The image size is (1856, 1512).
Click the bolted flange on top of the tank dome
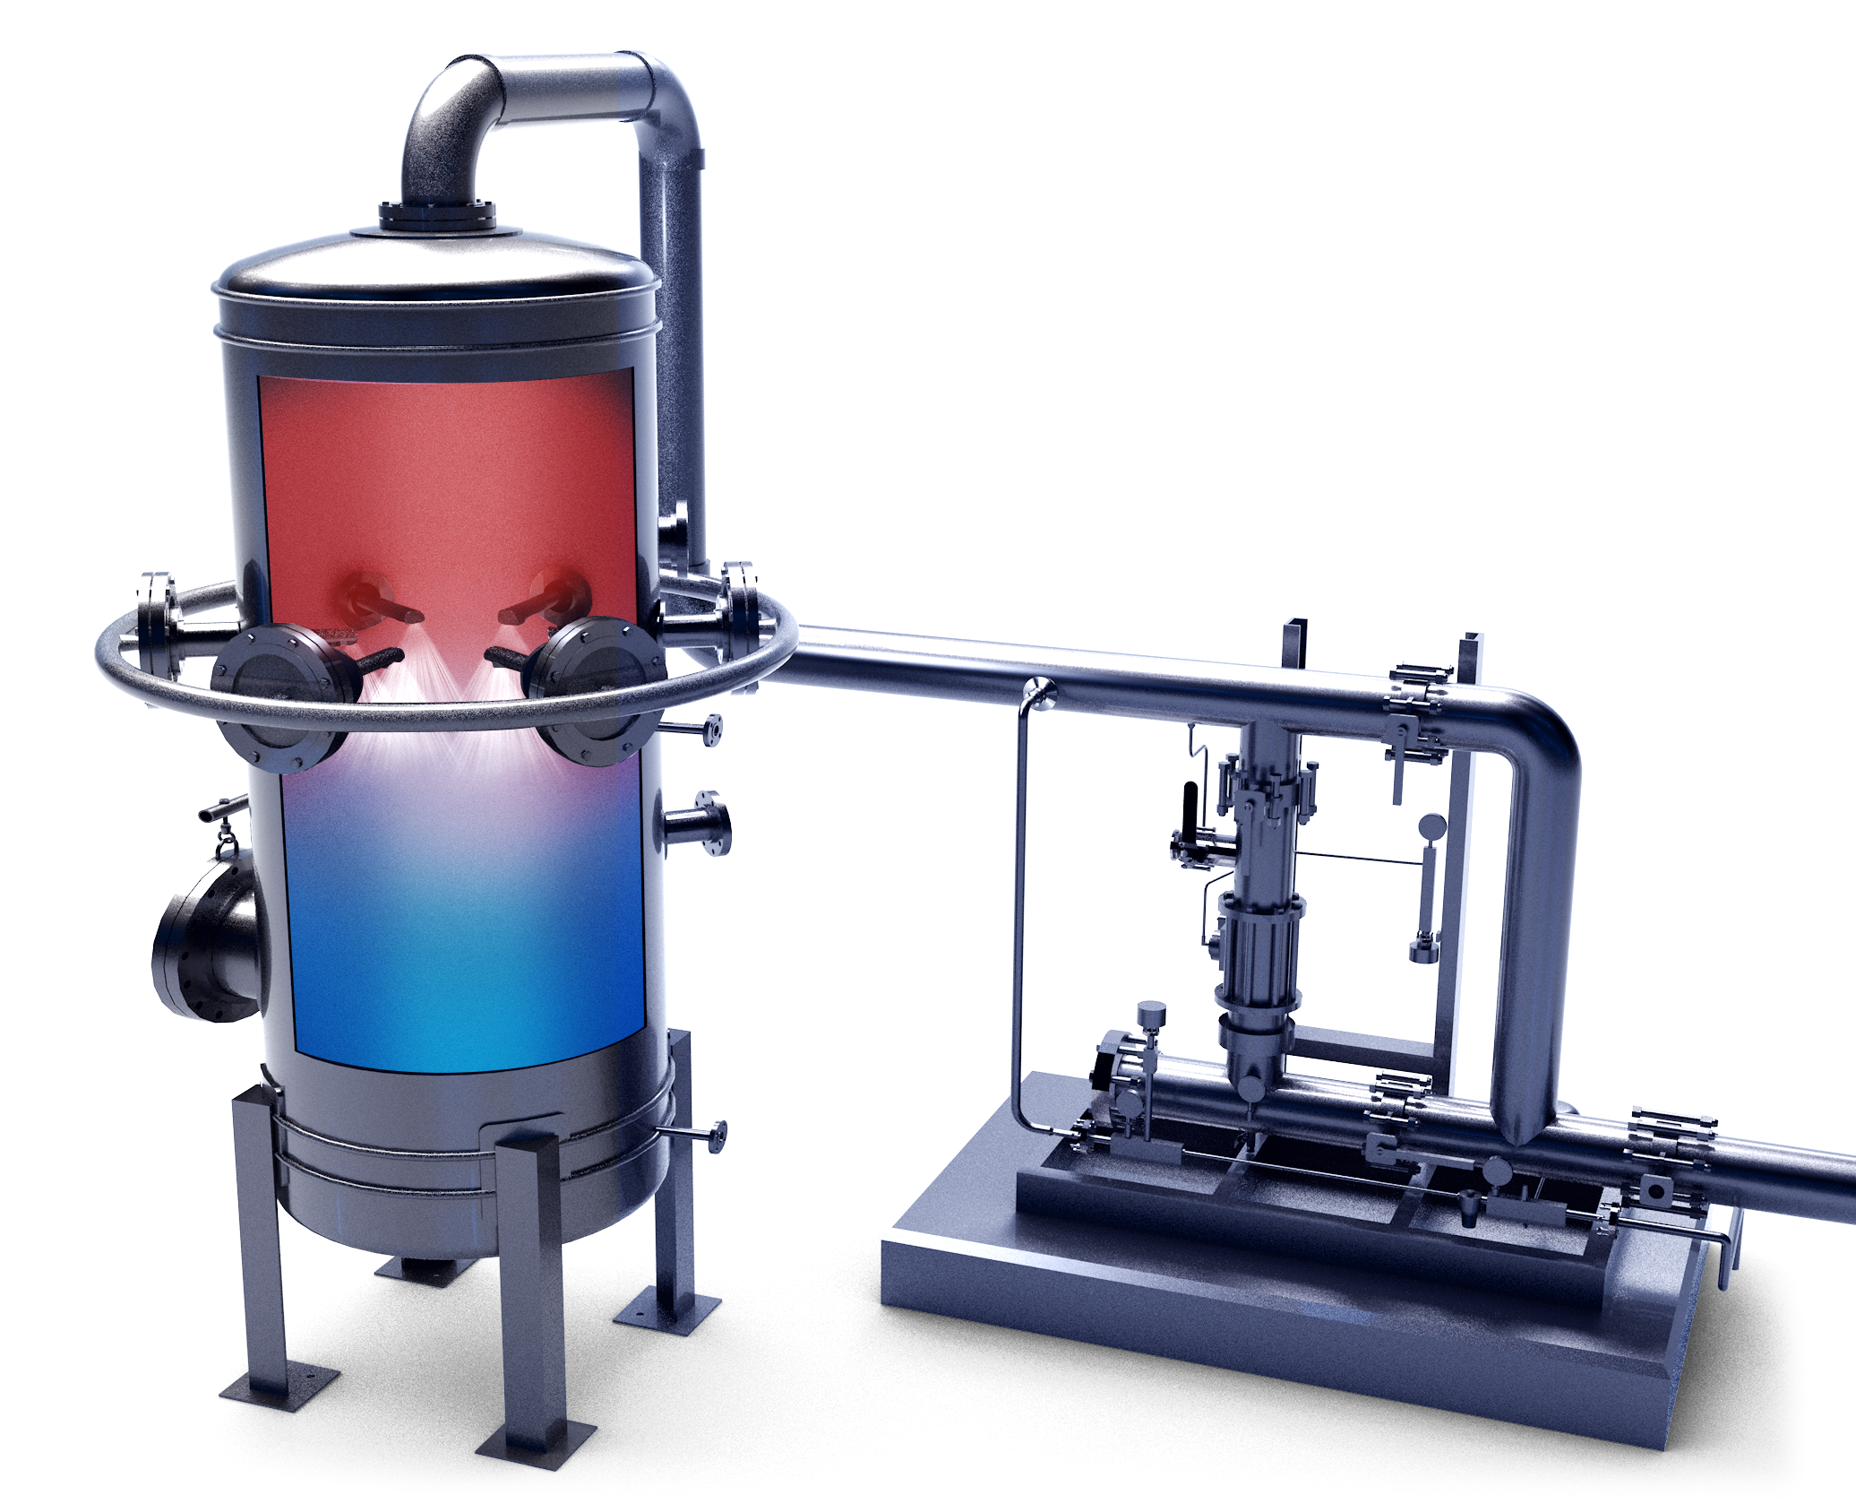tap(436, 217)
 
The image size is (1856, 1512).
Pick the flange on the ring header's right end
tap(740, 609)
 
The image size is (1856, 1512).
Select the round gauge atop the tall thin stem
tap(1432, 826)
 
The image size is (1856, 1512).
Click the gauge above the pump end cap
tap(1152, 1014)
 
